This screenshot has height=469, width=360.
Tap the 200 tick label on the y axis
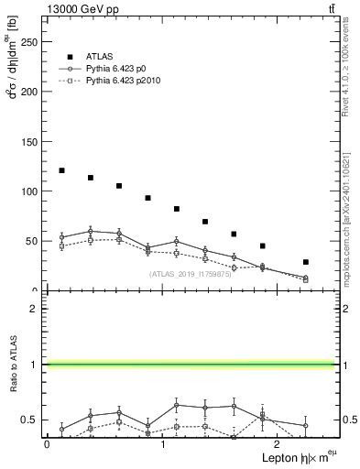[x=30, y=92]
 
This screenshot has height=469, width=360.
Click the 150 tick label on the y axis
[x=30, y=142]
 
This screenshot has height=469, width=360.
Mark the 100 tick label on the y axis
[x=30, y=191]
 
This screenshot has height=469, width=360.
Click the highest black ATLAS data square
[x=61, y=170]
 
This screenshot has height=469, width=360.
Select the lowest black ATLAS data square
[x=306, y=262]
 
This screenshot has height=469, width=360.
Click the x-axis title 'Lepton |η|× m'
[x=291, y=457]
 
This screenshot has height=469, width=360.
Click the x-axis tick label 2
[x=278, y=444]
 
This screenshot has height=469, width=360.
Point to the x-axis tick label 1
[x=162, y=444]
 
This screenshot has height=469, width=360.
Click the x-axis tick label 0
[x=47, y=444]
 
